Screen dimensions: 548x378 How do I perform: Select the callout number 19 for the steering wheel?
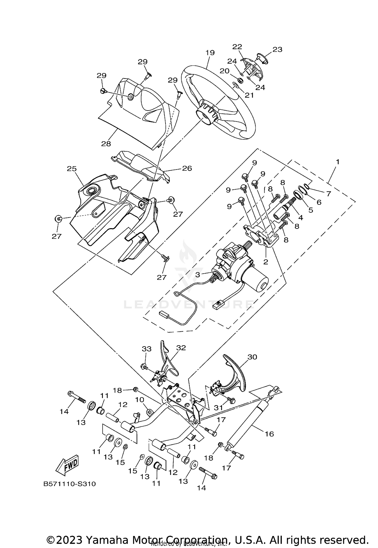coord(210,53)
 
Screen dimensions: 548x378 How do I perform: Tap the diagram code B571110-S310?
coord(70,484)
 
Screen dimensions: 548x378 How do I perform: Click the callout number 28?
coord(106,144)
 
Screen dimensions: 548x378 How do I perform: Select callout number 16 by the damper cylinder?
coord(269,434)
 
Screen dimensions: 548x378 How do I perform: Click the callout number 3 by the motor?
coord(198,275)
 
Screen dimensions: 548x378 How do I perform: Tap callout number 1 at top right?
coord(337,162)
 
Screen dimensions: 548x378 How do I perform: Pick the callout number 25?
coord(72,168)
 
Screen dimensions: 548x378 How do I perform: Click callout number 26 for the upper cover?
coord(187,168)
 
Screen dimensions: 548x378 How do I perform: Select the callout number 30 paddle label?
coord(252,357)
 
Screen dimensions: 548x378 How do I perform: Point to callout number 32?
coord(181,348)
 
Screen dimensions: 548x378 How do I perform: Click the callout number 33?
coord(147,349)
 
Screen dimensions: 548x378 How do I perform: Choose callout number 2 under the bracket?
coord(266,262)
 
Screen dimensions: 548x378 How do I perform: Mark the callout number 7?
coord(328,193)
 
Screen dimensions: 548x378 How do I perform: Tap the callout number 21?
coord(249,95)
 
